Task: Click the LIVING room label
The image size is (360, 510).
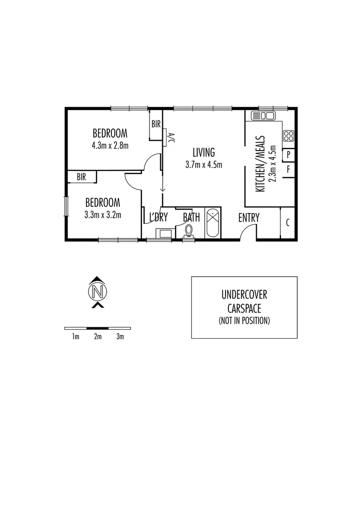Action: [x=203, y=153]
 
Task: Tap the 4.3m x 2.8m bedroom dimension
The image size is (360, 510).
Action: [x=110, y=145]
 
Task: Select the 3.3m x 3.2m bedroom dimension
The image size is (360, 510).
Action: [x=103, y=215]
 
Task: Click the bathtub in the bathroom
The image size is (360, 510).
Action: [x=212, y=223]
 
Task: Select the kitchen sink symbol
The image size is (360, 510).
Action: [x=263, y=115]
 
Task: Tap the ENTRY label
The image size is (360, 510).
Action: [x=249, y=218]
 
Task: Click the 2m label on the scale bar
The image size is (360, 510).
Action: [x=98, y=337]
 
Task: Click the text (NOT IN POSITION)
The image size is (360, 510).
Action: [x=244, y=321]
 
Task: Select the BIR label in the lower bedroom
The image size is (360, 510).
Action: [x=81, y=177]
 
